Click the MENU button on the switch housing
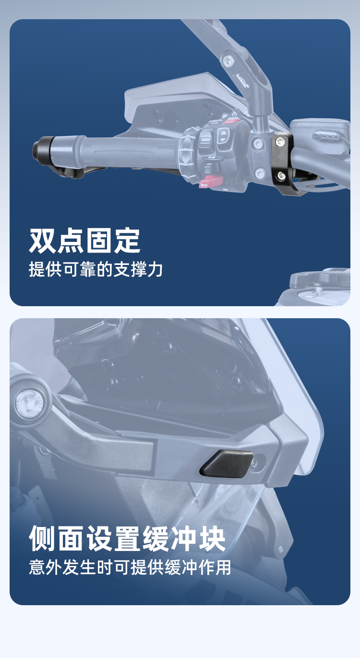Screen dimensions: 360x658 click(205, 139)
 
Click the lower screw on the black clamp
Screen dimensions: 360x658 click(281, 175)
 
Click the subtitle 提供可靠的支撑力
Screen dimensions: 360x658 click(96, 269)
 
